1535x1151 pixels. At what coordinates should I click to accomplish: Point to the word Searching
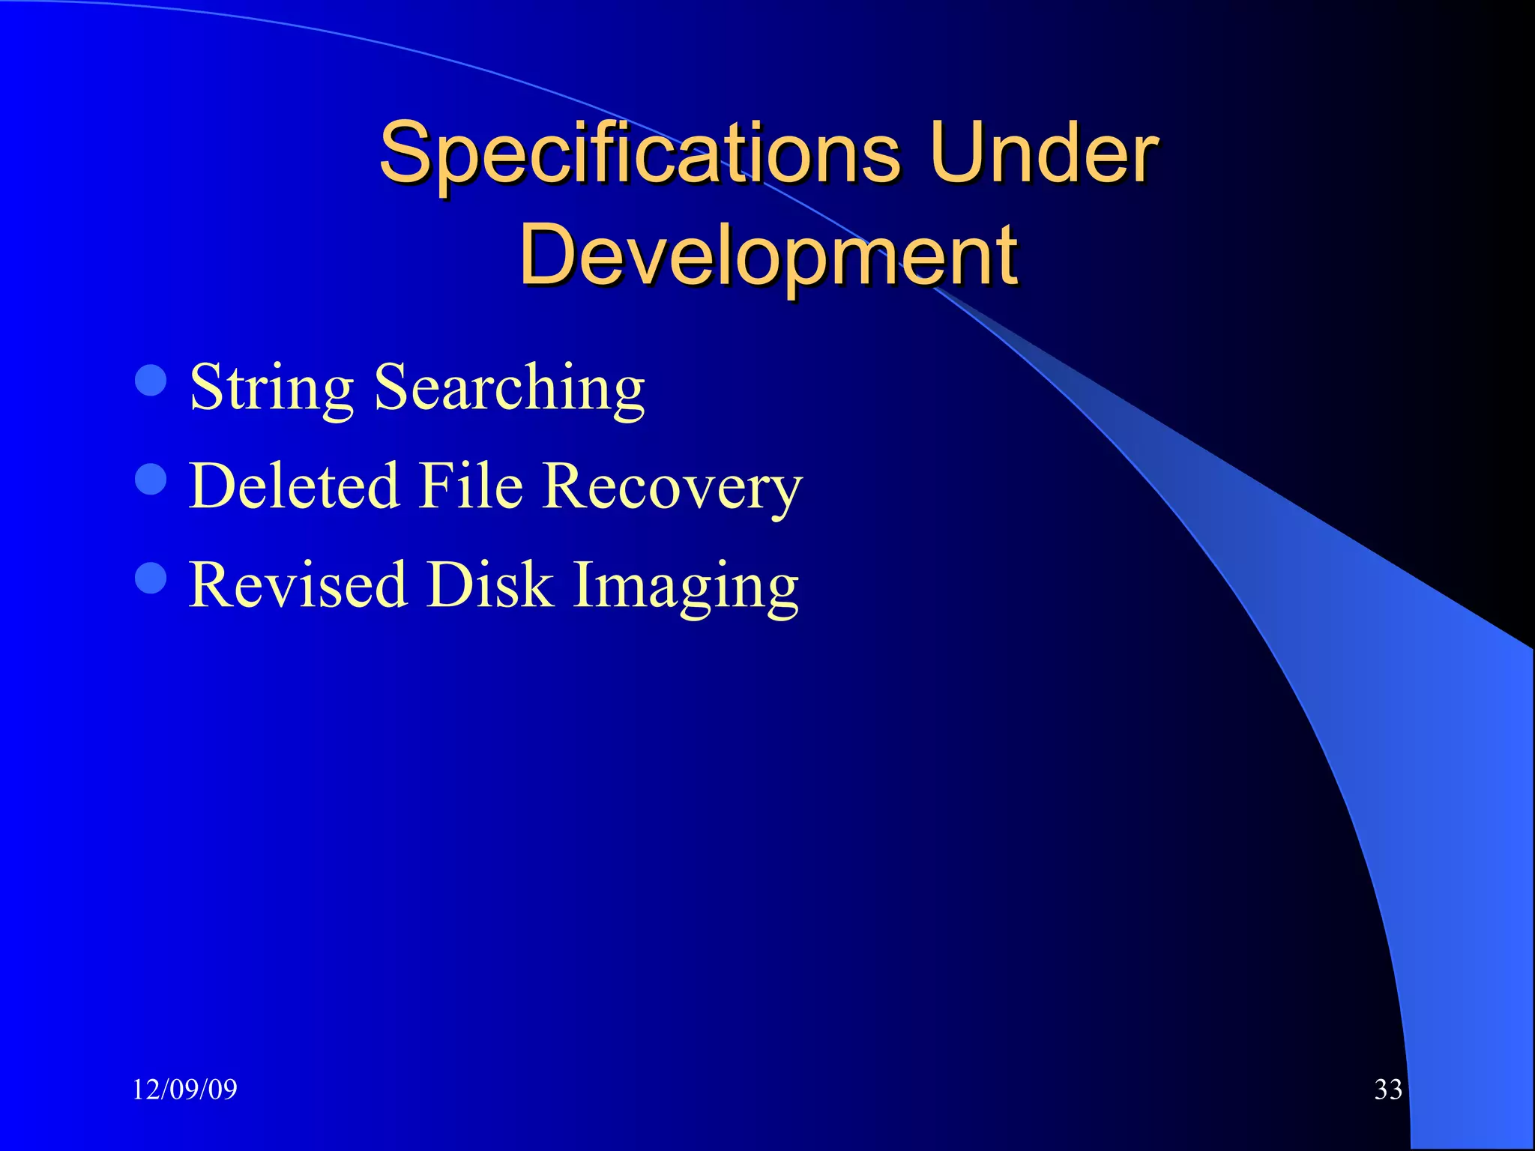click(510, 388)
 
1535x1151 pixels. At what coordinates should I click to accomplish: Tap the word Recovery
click(672, 487)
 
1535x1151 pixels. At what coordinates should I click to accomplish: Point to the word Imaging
click(686, 586)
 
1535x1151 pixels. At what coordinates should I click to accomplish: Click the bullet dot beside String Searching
click(151, 380)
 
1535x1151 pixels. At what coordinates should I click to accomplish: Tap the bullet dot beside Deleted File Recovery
click(151, 479)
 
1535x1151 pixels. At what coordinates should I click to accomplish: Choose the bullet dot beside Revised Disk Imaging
click(151, 578)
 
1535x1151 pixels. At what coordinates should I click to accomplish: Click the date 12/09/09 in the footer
click(184, 1090)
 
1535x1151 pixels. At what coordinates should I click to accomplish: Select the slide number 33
click(1388, 1090)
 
